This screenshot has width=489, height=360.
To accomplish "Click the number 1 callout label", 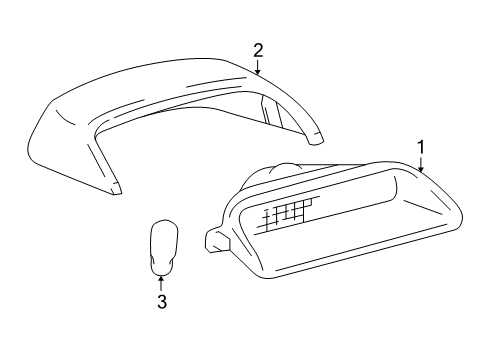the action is [x=421, y=146].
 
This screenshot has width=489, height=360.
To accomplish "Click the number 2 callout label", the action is [x=258, y=49].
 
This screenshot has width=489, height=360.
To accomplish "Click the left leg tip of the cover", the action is [x=116, y=187].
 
